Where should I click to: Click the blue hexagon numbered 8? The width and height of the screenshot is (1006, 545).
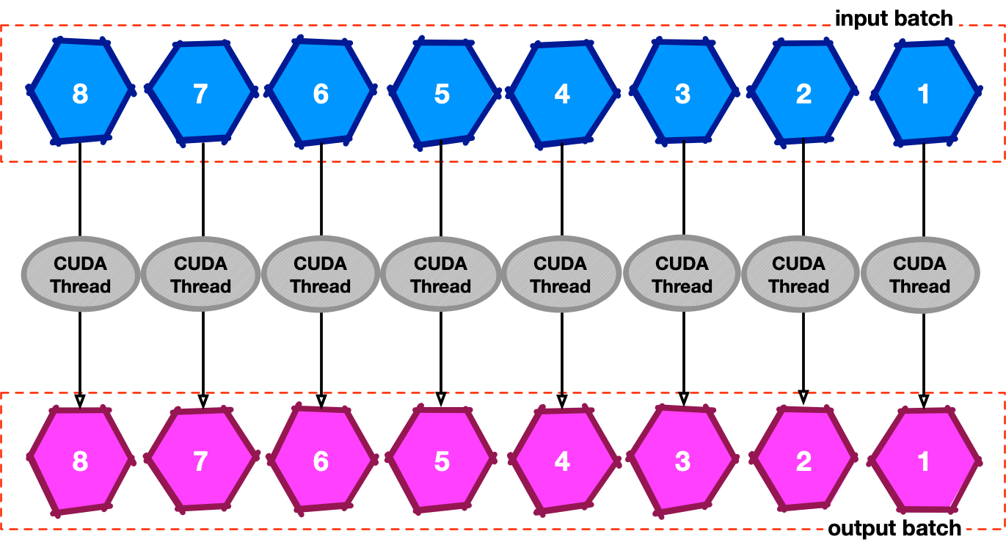[81, 91]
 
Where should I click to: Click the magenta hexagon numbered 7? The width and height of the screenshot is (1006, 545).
[201, 460]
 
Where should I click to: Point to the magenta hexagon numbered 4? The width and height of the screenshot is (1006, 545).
[562, 461]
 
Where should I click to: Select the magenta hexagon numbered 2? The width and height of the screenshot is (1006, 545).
[803, 460]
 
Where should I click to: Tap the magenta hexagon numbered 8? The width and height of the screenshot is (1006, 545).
[81, 460]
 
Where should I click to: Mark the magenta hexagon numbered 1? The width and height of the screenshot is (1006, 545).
[924, 460]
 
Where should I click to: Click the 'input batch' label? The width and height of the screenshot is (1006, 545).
[893, 18]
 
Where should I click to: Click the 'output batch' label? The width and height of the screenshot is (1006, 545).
[894, 528]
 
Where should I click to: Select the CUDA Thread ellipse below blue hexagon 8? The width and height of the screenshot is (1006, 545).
[81, 274]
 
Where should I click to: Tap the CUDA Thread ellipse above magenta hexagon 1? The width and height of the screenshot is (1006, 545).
[920, 274]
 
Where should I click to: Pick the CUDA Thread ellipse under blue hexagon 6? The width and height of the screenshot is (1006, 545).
[321, 274]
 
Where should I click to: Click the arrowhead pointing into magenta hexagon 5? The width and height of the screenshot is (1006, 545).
[440, 398]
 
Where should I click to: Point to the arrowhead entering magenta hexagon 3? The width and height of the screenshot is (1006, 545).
[683, 398]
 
